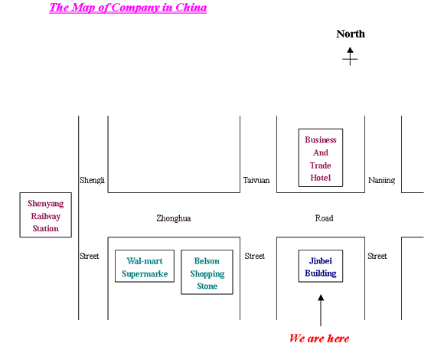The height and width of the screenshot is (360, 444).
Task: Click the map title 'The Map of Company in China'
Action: (128, 8)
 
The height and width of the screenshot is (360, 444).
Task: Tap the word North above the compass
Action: (351, 34)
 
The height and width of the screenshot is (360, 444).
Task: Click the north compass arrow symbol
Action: (351, 57)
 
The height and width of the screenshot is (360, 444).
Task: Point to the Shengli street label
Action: (92, 180)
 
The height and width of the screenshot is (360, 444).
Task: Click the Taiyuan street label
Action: (256, 180)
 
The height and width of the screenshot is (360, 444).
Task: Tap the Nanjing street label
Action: (381, 180)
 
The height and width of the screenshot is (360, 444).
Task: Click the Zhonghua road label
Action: (174, 218)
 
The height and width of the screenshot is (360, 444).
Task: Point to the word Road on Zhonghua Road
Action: (325, 218)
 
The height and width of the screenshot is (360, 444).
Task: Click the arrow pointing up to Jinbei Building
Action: (321, 310)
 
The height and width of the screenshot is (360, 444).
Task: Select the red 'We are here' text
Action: (319, 339)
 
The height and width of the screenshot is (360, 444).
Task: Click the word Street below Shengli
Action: (90, 256)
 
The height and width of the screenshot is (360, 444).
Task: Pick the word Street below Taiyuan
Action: (255, 256)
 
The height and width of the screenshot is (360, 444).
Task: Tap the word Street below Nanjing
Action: (377, 256)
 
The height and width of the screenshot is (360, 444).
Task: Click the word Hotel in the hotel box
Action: (321, 178)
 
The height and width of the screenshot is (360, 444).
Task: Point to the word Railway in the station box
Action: (46, 217)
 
